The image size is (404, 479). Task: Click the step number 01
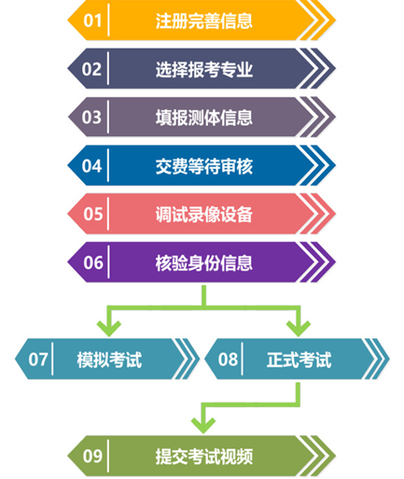[92, 21]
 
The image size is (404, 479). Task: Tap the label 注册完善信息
[204, 21]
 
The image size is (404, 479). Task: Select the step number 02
[91, 69]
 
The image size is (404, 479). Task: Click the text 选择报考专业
[204, 69]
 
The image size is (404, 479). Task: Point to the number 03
[91, 118]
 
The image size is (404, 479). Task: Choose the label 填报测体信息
[204, 118]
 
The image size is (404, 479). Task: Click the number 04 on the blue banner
[91, 166]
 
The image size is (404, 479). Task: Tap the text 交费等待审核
[204, 166]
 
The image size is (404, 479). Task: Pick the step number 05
[92, 214]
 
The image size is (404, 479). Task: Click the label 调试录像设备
[204, 215]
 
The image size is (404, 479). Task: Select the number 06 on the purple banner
[93, 262]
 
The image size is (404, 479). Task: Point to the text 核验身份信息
[204, 263]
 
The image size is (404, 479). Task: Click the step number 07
[38, 359]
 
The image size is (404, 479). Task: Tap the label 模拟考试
[109, 359]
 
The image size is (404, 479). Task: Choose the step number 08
[228, 359]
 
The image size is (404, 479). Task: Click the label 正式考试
[300, 359]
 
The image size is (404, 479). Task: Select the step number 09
[92, 457]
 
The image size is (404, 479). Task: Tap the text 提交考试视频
[204, 457]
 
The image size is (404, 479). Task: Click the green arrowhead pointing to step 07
[109, 329]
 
